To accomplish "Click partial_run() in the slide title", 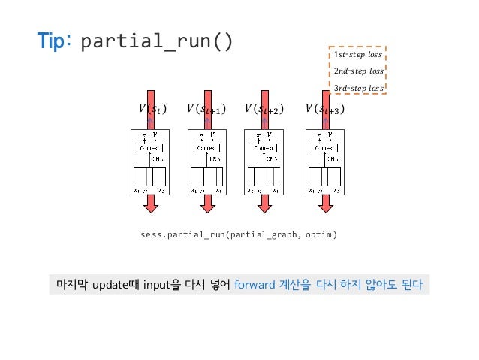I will (x=156, y=41).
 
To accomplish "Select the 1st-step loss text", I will (x=357, y=55).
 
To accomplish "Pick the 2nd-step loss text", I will (x=357, y=71).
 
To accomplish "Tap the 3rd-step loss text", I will (x=357, y=88).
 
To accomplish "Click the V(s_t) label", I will (x=149, y=110).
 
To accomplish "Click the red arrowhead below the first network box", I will (x=152, y=204).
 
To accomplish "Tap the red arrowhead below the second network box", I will (x=207, y=204).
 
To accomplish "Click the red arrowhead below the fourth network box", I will (x=326, y=204).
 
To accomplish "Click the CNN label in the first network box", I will (x=158, y=159).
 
